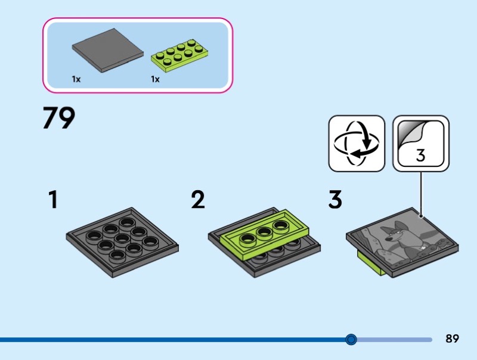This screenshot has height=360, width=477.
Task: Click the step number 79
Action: pos(58,118)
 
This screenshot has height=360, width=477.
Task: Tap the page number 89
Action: pos(452,339)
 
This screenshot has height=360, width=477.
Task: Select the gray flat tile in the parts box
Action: pos(108,50)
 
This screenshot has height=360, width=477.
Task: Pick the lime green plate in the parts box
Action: pos(180,55)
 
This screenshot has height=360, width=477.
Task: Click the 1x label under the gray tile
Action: pos(76,79)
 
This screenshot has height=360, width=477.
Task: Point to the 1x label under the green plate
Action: pos(155,79)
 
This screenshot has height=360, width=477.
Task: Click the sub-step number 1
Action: pos(53,200)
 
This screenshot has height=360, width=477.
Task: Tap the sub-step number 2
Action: pos(198,200)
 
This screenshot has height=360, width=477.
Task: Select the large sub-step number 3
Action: pos(335,200)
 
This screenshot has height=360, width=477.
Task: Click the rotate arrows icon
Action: pos(357,144)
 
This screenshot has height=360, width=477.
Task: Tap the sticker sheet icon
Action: pos(421,144)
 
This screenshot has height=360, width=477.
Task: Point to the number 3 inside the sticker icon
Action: pos(420,156)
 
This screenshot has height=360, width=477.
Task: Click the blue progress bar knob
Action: pos(351,339)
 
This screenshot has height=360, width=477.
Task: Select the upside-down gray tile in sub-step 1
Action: pos(122,243)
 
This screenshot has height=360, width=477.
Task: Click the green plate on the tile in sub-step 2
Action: pos(264,234)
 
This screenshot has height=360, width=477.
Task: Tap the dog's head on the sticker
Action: pos(392,232)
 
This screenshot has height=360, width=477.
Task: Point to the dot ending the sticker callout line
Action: pos(421,216)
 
